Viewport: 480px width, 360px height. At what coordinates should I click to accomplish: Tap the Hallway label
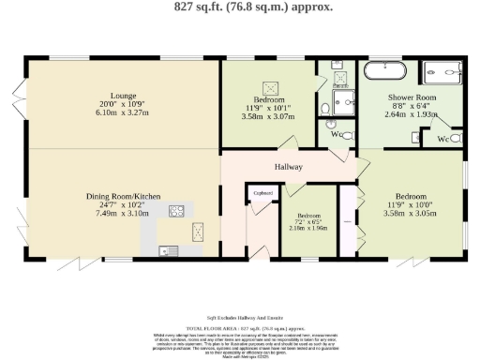[287, 166]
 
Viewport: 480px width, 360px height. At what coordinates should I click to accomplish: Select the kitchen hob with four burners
[175, 212]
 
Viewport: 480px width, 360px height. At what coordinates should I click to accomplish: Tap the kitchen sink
[168, 249]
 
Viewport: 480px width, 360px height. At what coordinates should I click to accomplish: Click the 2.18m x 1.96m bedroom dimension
[307, 228]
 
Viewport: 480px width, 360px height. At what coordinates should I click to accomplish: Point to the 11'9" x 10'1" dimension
[267, 108]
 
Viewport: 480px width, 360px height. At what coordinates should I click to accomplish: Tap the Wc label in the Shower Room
[442, 140]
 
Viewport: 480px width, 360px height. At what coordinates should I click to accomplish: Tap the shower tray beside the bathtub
[443, 71]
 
